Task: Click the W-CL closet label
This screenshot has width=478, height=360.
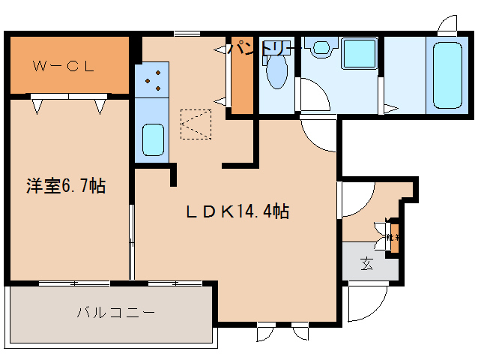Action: click(63, 66)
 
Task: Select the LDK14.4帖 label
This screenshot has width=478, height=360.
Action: click(238, 212)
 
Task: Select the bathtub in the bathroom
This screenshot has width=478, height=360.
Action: click(447, 75)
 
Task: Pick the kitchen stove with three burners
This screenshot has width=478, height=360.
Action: click(154, 82)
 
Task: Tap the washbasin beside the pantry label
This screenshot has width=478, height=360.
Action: click(321, 49)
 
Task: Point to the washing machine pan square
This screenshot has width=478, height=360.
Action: click(359, 53)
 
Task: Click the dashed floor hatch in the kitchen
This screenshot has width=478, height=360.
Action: click(196, 124)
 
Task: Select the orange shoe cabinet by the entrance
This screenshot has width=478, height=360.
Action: click(394, 237)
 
